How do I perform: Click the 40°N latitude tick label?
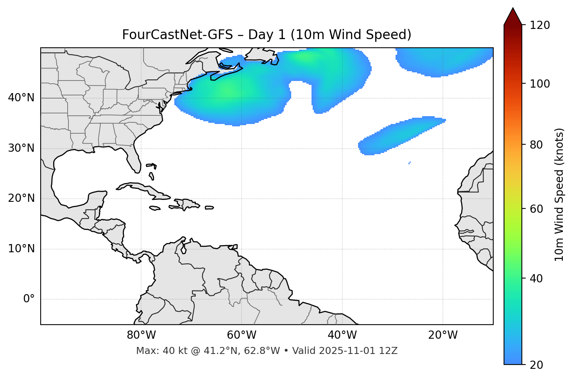21,98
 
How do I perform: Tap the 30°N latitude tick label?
21,148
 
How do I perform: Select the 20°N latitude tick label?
21,198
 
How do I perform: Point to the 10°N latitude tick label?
21,249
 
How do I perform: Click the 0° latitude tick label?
29,299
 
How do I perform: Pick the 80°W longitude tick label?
141,335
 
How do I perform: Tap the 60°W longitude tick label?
242,335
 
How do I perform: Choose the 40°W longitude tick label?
342,335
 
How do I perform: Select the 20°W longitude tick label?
443,335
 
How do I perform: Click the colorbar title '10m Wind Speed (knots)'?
559,194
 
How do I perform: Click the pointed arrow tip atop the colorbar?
513,10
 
